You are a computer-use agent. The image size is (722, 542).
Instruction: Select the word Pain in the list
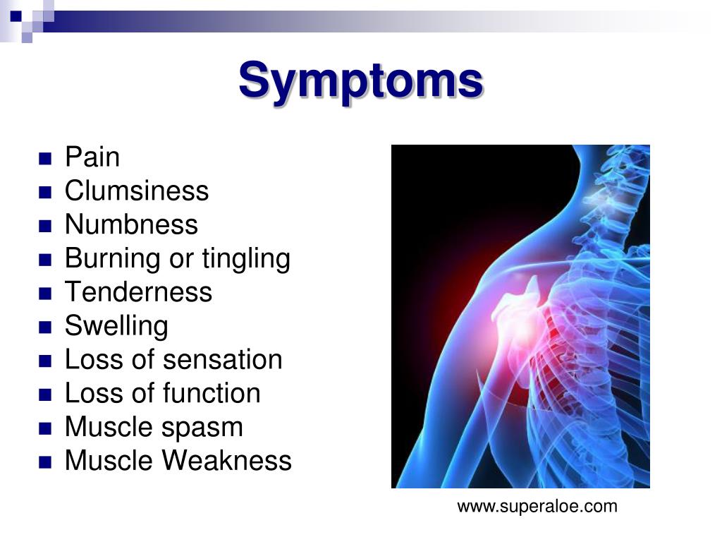click(x=92, y=157)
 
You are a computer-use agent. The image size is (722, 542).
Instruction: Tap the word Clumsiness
click(x=136, y=191)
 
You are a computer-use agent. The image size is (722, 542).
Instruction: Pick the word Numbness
click(x=131, y=224)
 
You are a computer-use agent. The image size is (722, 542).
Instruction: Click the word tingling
click(x=246, y=260)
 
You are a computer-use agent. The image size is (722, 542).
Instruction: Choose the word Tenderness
click(x=139, y=291)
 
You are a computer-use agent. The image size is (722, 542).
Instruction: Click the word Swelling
click(x=116, y=327)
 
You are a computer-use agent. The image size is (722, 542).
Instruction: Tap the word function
click(x=212, y=393)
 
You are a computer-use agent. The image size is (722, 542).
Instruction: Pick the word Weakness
click(x=228, y=460)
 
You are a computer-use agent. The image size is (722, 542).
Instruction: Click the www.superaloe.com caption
click(x=537, y=507)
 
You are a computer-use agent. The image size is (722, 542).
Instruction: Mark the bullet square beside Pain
click(x=45, y=159)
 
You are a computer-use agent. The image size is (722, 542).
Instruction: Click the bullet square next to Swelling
click(x=45, y=327)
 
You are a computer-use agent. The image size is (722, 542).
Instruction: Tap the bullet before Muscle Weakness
click(x=45, y=462)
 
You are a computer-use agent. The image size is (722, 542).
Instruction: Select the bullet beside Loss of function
click(x=45, y=395)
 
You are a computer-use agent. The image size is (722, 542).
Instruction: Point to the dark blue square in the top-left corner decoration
click(x=16, y=17)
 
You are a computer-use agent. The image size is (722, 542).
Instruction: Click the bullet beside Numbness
click(x=45, y=227)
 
